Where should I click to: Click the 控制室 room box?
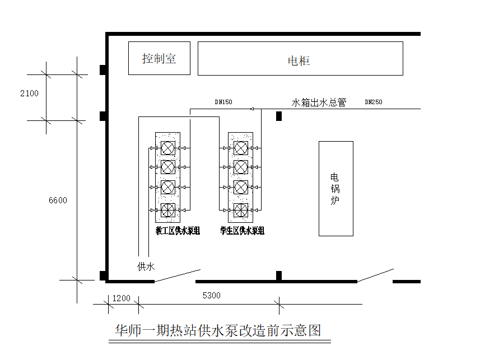(159, 58)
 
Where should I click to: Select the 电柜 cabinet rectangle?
(300, 58)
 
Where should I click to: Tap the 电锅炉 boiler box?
(336, 188)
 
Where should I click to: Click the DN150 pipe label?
(223, 102)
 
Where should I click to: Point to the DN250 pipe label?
(374, 102)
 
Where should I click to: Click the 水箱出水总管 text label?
(319, 102)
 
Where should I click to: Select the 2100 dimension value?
(29, 93)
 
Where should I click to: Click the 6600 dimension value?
(58, 200)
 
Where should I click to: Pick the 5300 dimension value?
(211, 296)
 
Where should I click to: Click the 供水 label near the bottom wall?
(146, 267)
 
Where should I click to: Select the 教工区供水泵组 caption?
(178, 231)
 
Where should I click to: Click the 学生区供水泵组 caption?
(243, 231)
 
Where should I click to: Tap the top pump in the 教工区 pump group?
(167, 148)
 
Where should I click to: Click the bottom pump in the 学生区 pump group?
(241, 210)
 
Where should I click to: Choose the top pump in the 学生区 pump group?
(241, 148)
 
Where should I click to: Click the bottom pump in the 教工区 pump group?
(167, 210)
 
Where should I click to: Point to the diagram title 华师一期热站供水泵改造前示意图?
(218, 330)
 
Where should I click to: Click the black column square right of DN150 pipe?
(279, 116)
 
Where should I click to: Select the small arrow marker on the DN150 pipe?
(252, 109)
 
